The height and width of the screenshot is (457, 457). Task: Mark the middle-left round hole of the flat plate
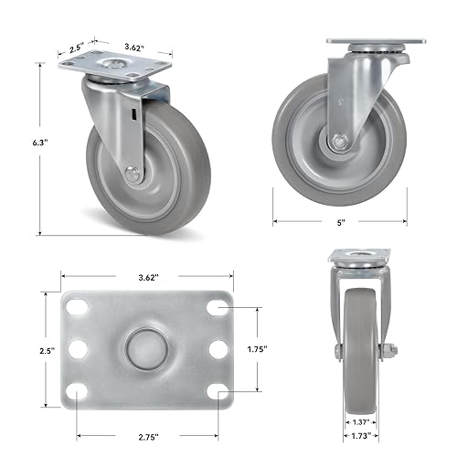pyautogui.click(x=78, y=349)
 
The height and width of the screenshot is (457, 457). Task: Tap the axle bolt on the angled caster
pyautogui.click(x=130, y=171)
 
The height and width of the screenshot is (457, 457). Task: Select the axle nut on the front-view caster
pyautogui.click(x=388, y=351)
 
